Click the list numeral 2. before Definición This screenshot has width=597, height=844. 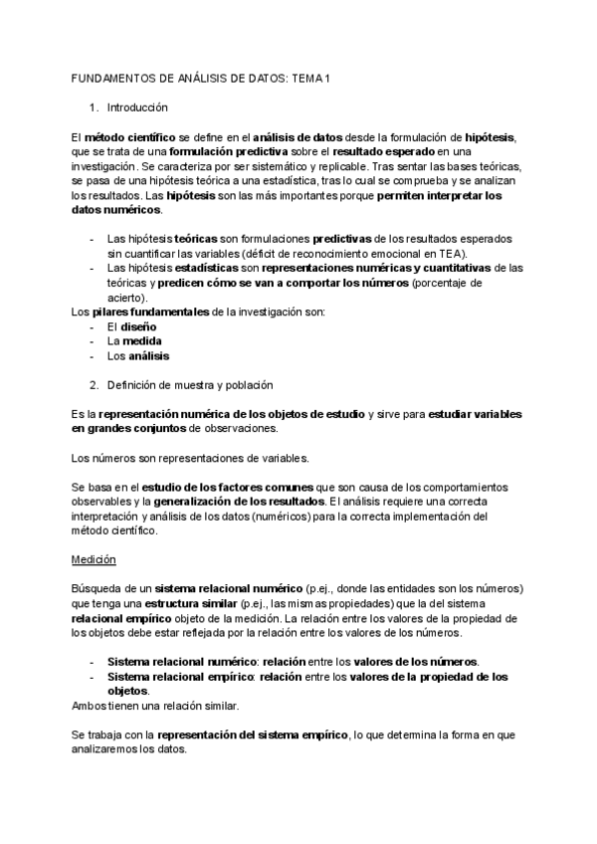(94, 385)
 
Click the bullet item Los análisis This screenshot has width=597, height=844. (137, 355)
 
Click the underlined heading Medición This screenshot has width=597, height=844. (95, 559)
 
